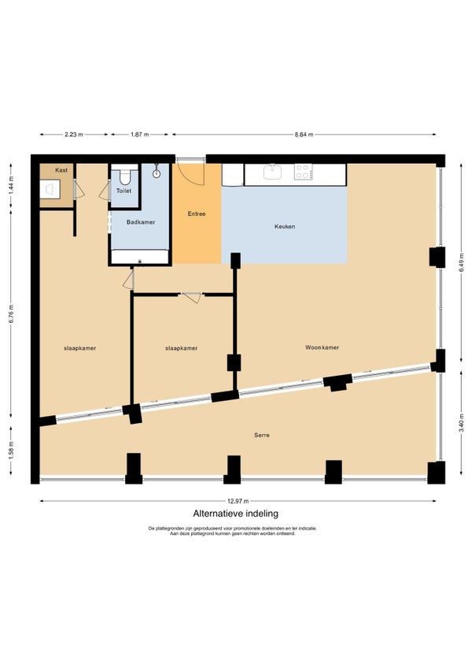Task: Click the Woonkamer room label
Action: point(322,347)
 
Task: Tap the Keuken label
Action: point(285,227)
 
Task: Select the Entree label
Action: point(197,213)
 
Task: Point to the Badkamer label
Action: point(141,222)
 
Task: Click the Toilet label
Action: point(124,191)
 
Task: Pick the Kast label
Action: point(61,170)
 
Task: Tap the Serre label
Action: point(262,436)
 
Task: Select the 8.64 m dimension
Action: point(304,135)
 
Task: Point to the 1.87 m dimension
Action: point(139,135)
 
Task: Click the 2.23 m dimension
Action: point(74,135)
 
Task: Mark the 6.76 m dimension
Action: point(12,314)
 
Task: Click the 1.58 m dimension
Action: point(12,451)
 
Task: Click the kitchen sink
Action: point(272,172)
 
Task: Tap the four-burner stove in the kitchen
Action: point(303,172)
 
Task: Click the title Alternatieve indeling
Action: point(236,514)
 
